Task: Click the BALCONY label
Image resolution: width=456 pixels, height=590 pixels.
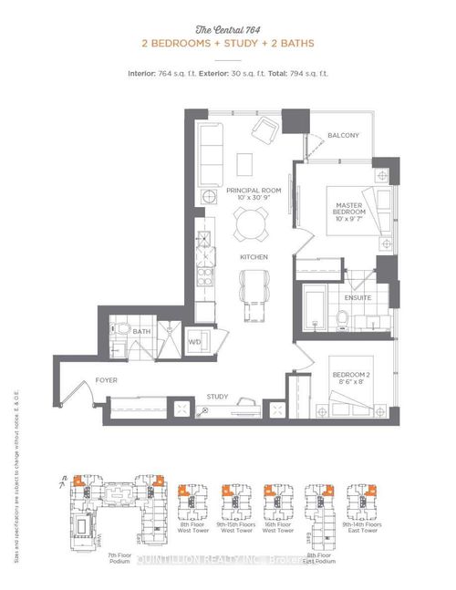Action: (x=343, y=136)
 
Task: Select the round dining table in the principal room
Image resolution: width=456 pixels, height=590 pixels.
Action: (x=250, y=223)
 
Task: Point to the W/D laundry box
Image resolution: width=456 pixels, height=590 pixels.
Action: (x=194, y=342)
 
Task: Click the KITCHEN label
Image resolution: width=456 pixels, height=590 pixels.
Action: (x=253, y=259)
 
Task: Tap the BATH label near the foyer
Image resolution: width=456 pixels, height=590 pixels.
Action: (x=141, y=332)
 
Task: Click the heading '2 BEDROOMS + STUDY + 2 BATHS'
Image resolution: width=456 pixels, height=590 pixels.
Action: (x=227, y=44)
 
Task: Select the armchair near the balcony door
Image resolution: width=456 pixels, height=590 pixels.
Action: (x=267, y=131)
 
